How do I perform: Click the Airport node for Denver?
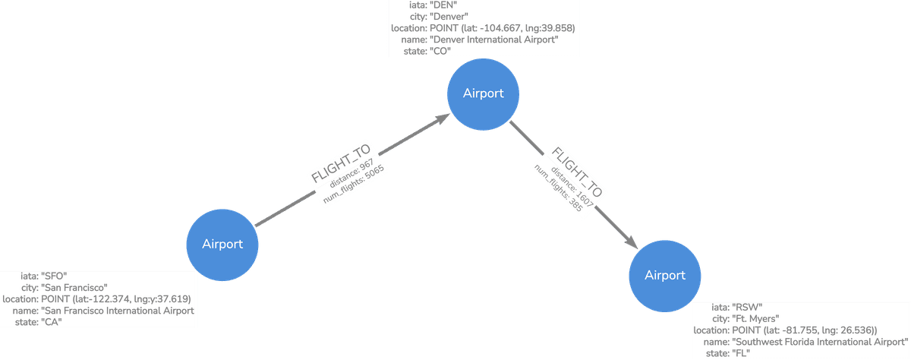click(x=484, y=93)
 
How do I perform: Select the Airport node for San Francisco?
click(x=222, y=244)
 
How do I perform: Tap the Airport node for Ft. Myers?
click(x=664, y=275)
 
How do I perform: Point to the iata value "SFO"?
click(x=58, y=276)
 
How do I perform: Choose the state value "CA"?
click(x=52, y=322)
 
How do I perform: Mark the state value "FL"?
click(x=740, y=353)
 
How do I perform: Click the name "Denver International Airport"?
click(x=494, y=39)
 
